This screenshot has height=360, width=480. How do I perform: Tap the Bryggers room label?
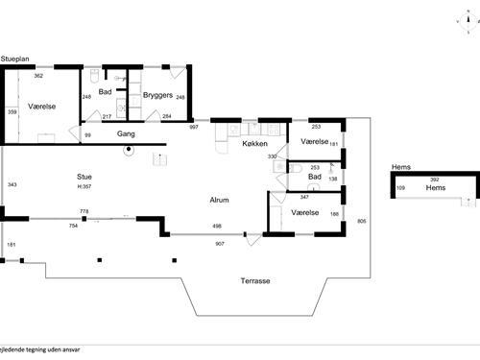pos(156,95)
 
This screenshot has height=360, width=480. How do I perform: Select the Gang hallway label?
pos(125,134)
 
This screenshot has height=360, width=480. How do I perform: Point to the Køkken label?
pos(254,143)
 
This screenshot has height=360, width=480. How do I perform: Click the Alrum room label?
pos(220,200)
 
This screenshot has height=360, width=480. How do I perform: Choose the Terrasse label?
pos(254,281)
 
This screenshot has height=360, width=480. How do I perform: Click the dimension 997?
pos(193,127)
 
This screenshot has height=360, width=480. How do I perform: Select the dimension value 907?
pos(220,243)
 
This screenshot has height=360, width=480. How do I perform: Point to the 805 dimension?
pos(361,222)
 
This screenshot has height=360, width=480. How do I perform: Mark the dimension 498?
pos(217,227)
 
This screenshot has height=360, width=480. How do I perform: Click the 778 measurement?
pos(84,211)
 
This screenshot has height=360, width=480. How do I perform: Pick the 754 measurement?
pos(73,227)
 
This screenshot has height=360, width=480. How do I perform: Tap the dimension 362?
pos(38,75)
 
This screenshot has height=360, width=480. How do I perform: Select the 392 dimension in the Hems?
pos(434,180)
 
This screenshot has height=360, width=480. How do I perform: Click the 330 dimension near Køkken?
pos(272,156)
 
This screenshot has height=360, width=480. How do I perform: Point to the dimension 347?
pos(303,197)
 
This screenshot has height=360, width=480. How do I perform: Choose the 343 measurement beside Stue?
pos(12,184)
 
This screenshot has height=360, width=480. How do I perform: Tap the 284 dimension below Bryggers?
pos(166,116)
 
